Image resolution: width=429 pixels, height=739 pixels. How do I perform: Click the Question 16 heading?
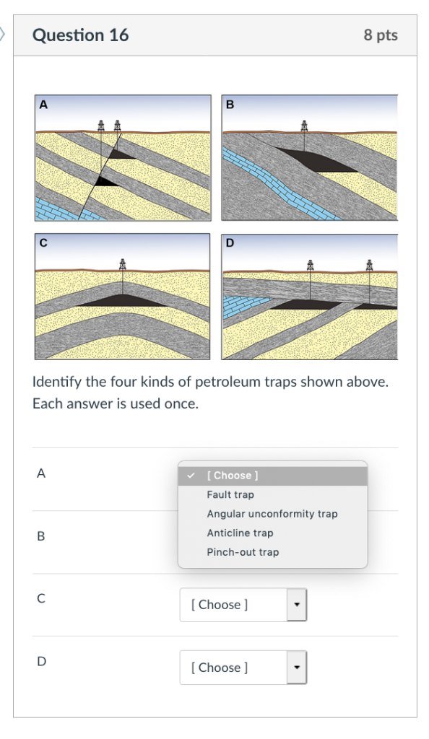click(x=81, y=35)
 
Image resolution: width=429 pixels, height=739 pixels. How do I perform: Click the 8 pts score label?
click(x=380, y=35)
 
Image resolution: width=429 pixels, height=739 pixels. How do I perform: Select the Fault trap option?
click(x=230, y=495)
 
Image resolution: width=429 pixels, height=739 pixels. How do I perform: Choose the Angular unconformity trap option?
click(x=272, y=514)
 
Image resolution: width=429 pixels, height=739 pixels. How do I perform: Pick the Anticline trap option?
click(x=240, y=533)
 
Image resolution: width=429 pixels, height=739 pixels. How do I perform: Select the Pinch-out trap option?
click(x=243, y=552)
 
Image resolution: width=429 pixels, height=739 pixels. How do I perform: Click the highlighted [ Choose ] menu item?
click(x=233, y=476)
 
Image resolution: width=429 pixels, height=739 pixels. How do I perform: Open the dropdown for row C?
click(x=243, y=605)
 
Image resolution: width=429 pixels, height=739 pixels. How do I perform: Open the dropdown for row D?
click(x=243, y=668)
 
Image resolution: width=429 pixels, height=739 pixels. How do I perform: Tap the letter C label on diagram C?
click(x=43, y=243)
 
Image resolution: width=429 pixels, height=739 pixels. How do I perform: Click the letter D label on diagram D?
click(x=230, y=243)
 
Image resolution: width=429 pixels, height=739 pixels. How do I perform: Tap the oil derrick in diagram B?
click(x=305, y=126)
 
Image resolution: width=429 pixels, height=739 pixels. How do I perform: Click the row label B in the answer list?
click(x=41, y=537)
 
